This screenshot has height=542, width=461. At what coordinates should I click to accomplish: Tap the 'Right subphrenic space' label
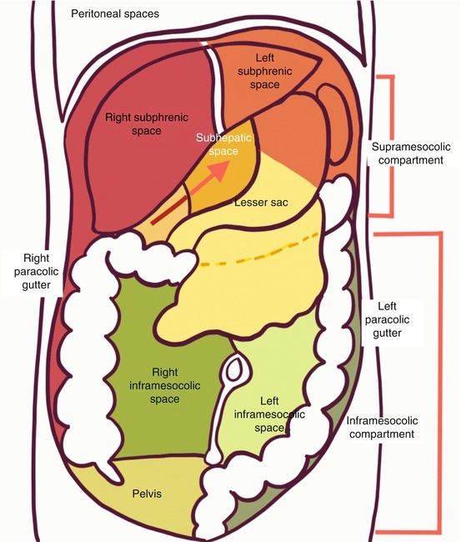144,125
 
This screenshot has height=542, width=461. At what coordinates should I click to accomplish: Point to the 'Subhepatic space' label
217,146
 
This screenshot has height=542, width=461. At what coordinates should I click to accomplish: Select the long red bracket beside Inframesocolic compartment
437,384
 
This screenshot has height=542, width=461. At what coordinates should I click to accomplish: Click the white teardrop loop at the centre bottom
235,368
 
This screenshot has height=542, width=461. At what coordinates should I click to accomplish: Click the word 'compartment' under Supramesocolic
403,160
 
